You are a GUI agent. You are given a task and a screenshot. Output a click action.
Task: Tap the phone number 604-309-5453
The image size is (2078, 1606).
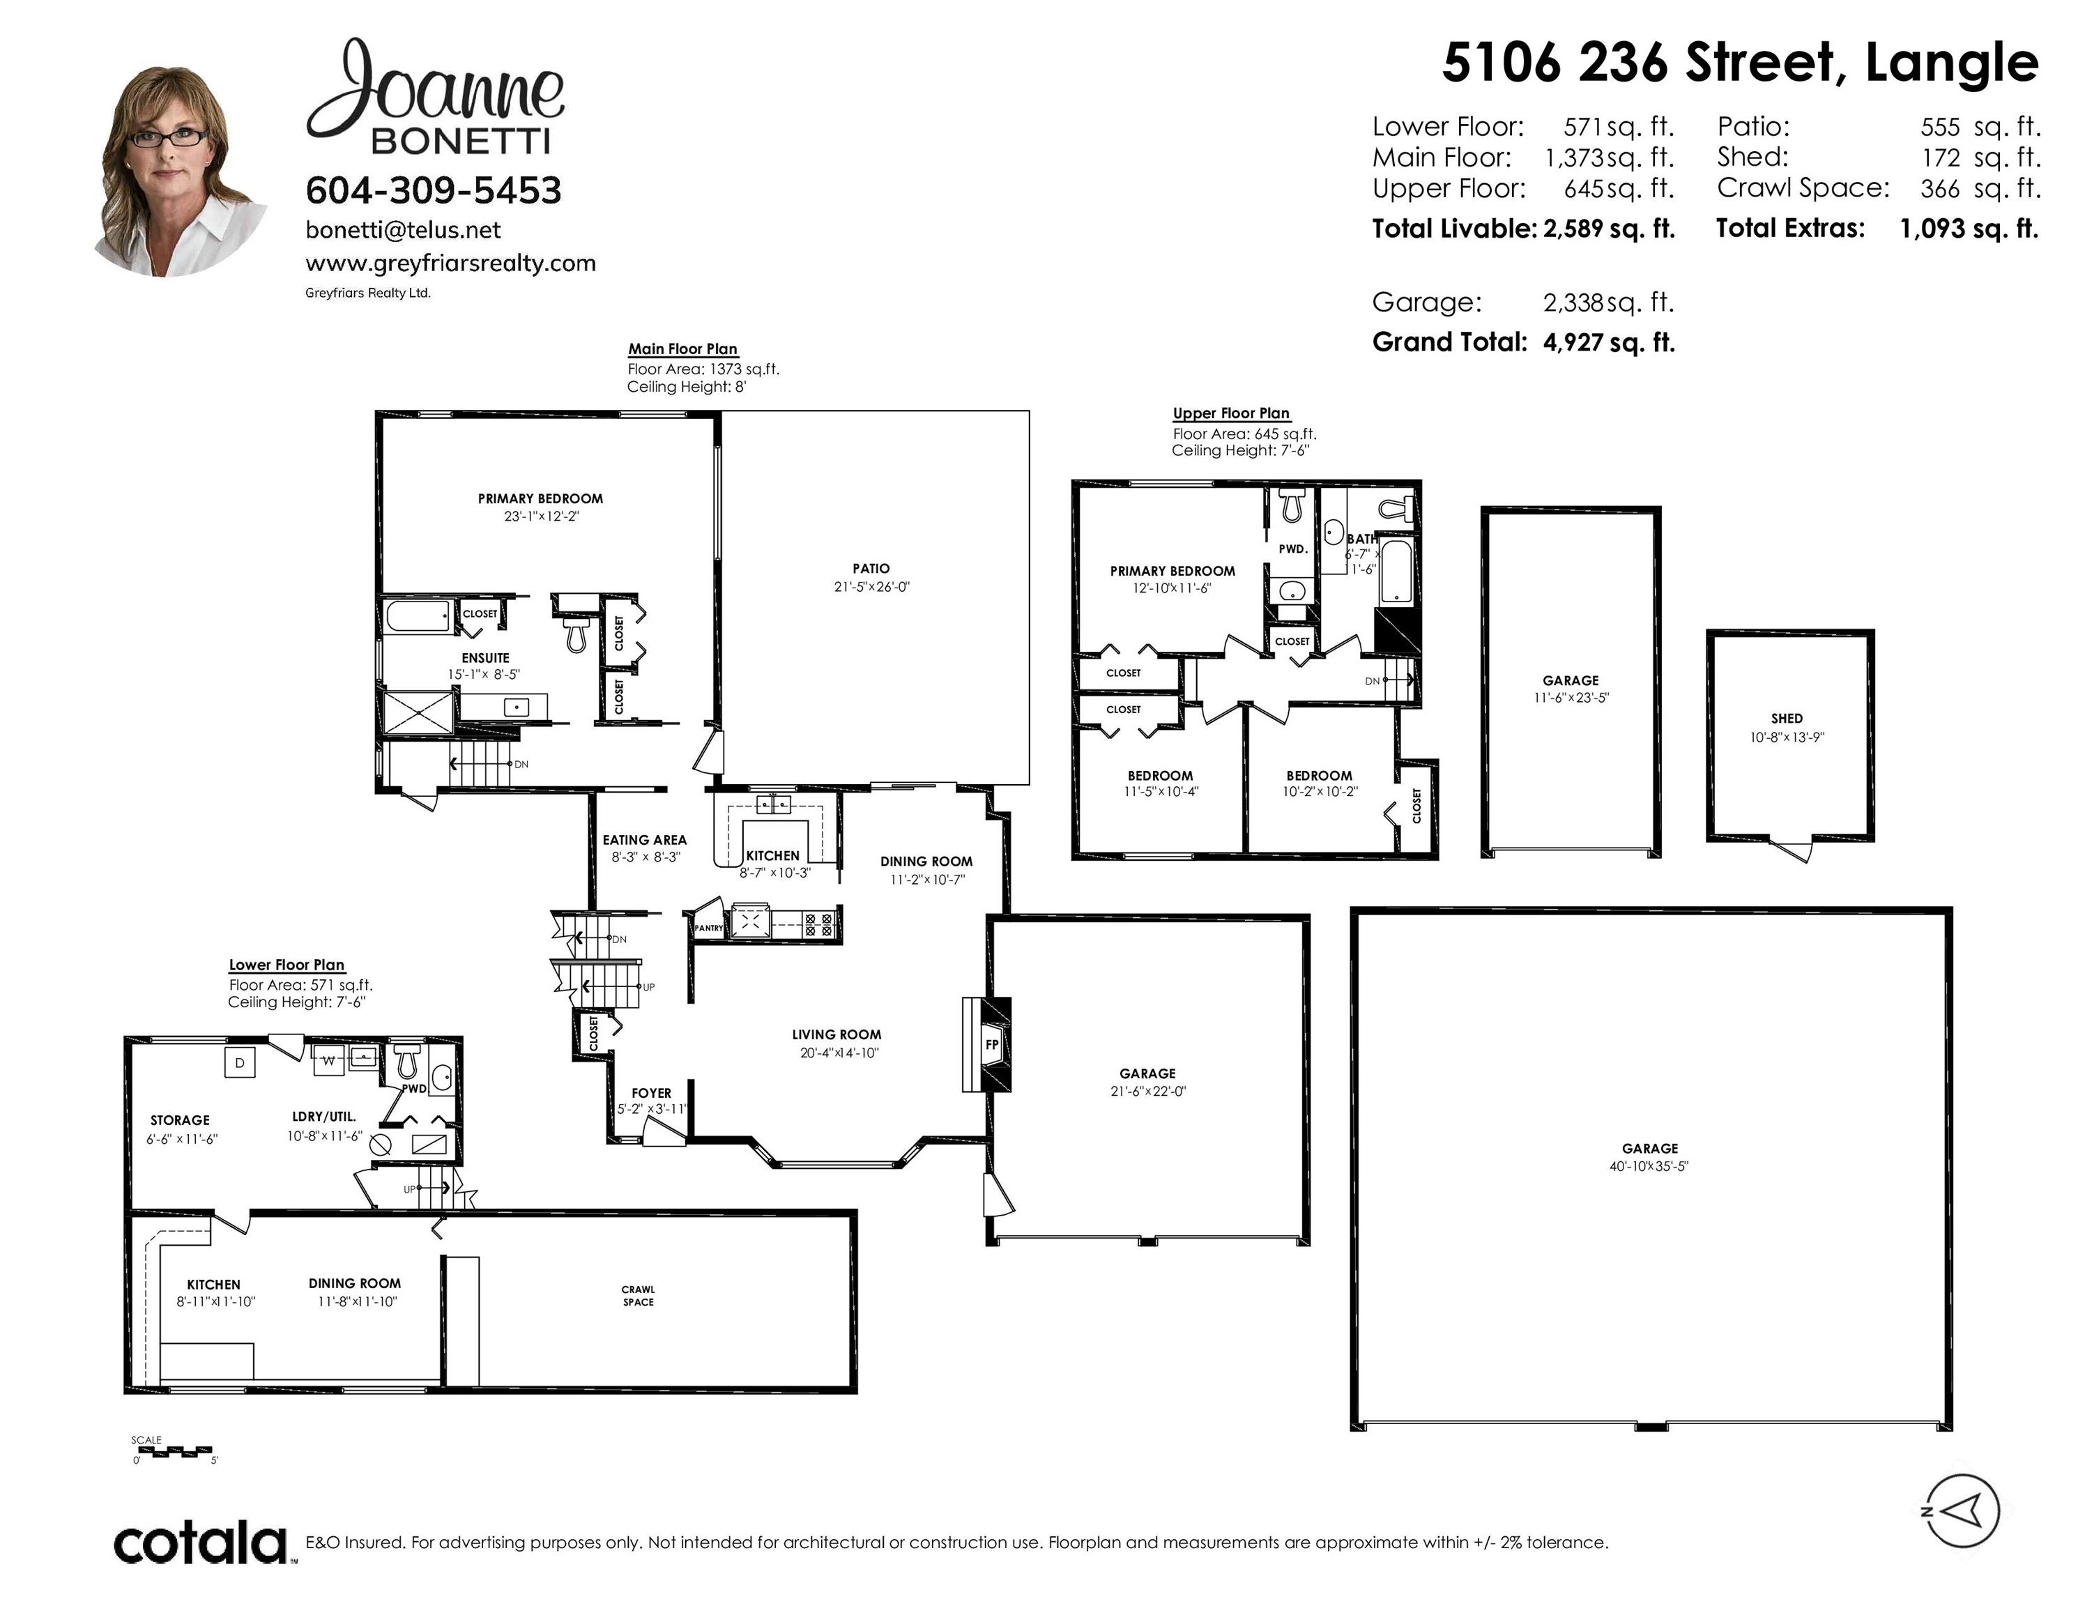pos(434,190)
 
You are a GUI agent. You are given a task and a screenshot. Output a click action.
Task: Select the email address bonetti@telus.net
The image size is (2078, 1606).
pos(404,230)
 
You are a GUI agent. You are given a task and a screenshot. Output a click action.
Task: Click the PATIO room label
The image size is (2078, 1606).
pos(871,568)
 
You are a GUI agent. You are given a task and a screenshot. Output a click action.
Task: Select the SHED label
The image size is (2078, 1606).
pos(1786,719)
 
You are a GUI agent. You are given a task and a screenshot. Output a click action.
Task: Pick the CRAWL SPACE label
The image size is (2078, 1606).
pos(639,1296)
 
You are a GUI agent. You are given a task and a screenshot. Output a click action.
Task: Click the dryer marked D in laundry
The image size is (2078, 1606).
pos(240,1062)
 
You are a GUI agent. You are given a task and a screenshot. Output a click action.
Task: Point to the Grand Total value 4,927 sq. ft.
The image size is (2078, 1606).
pos(1609,342)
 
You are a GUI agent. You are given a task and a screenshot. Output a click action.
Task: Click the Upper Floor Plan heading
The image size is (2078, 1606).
pos(1231,413)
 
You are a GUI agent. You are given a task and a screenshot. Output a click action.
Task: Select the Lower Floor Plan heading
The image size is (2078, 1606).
pos(287,965)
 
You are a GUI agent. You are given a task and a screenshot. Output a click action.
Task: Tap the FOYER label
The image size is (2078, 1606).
pos(652,1093)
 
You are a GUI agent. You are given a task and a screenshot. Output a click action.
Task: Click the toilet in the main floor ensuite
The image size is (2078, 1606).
pos(574,634)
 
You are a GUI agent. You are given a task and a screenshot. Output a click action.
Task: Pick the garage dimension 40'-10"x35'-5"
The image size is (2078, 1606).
pos(1649,1165)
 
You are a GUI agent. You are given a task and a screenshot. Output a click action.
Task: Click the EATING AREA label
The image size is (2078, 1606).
pos(644,840)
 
